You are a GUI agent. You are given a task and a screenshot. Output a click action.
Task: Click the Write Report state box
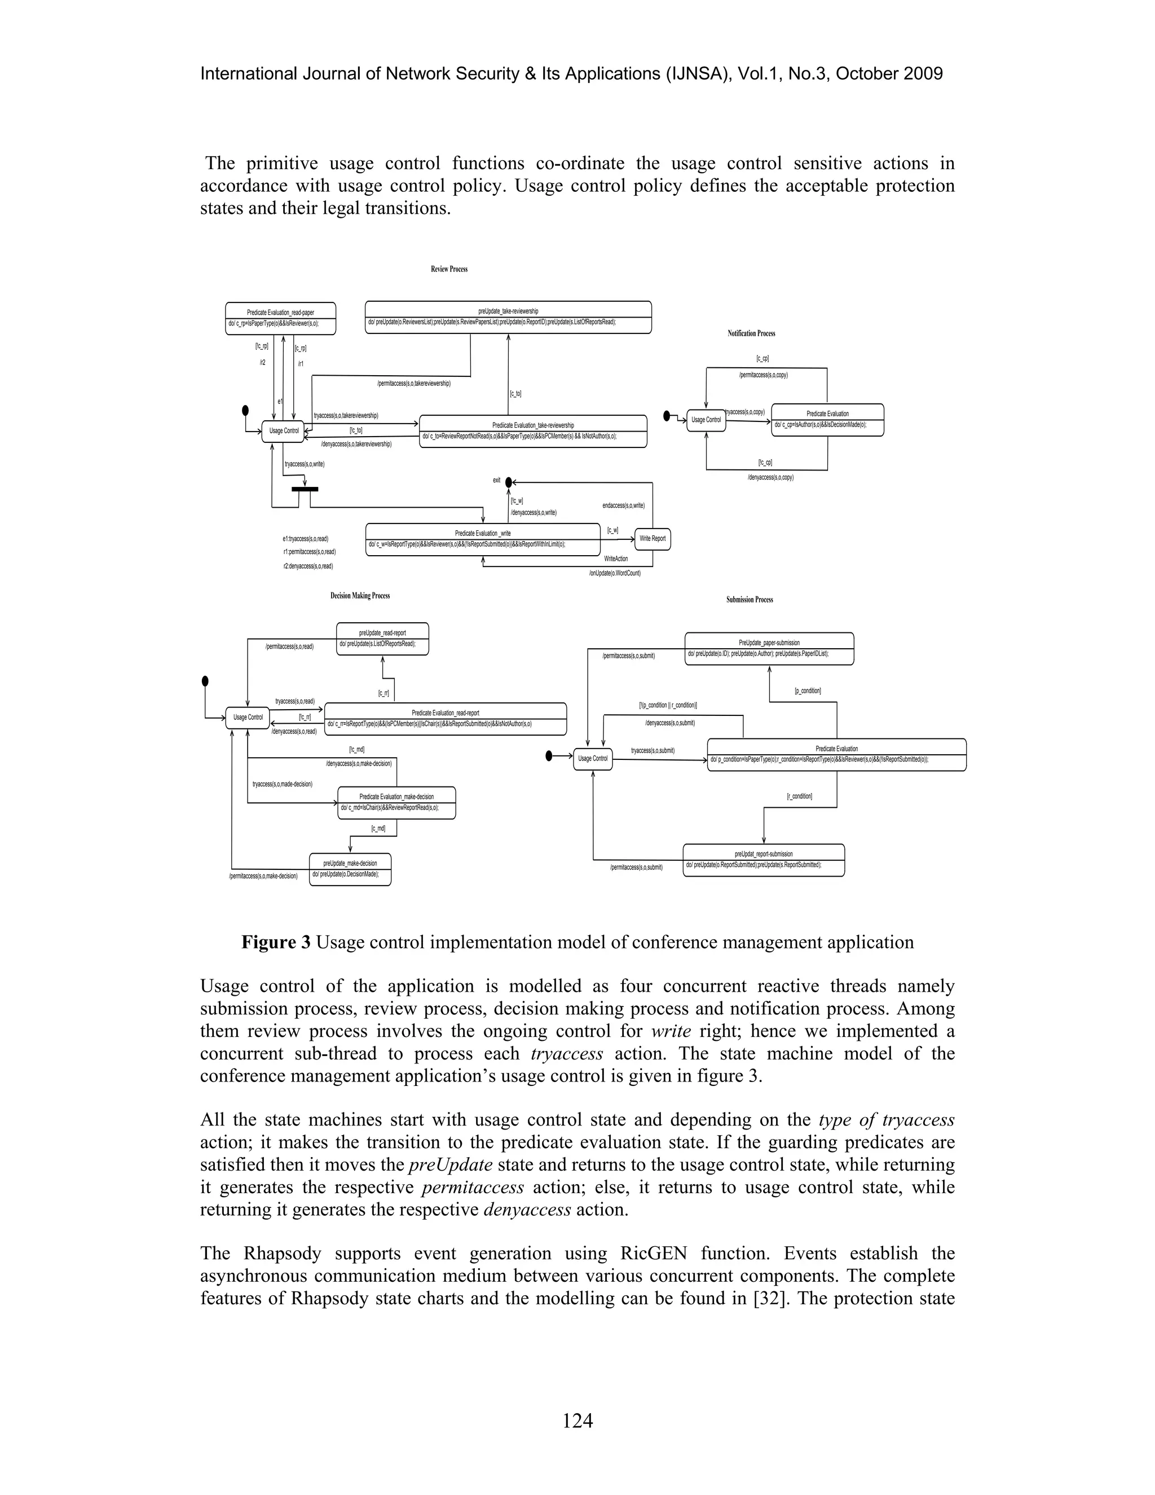coord(652,539)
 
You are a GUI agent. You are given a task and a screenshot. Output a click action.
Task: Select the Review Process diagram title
coord(449,269)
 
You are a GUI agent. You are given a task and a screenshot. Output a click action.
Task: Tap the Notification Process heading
coord(751,333)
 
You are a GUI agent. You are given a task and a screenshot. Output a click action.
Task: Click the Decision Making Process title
coord(360,596)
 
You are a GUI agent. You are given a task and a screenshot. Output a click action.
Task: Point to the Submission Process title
coord(750,600)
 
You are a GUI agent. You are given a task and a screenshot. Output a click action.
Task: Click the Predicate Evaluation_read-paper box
coord(280,318)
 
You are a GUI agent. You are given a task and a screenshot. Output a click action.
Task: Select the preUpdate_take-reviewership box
coord(508,317)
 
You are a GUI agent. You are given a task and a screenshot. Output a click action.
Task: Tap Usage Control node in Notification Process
coord(706,420)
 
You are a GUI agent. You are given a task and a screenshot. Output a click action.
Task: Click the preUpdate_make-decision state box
coord(350,869)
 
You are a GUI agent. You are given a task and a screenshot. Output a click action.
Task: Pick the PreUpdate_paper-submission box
coord(769,648)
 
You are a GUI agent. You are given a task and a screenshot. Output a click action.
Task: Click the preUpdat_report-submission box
coord(764,860)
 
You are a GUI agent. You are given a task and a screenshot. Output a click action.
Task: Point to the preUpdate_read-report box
coord(382,638)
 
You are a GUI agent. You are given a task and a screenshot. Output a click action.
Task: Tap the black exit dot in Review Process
coord(508,482)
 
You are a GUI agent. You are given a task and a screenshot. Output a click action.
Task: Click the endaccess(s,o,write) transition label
coord(623,506)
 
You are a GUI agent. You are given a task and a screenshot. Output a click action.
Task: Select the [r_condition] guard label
coord(799,796)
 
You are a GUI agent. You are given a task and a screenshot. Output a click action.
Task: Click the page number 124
coord(577,1421)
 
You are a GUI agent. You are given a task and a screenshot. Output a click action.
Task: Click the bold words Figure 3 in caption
coord(276,943)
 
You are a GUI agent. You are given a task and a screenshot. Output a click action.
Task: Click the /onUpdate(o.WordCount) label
coord(615,573)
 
